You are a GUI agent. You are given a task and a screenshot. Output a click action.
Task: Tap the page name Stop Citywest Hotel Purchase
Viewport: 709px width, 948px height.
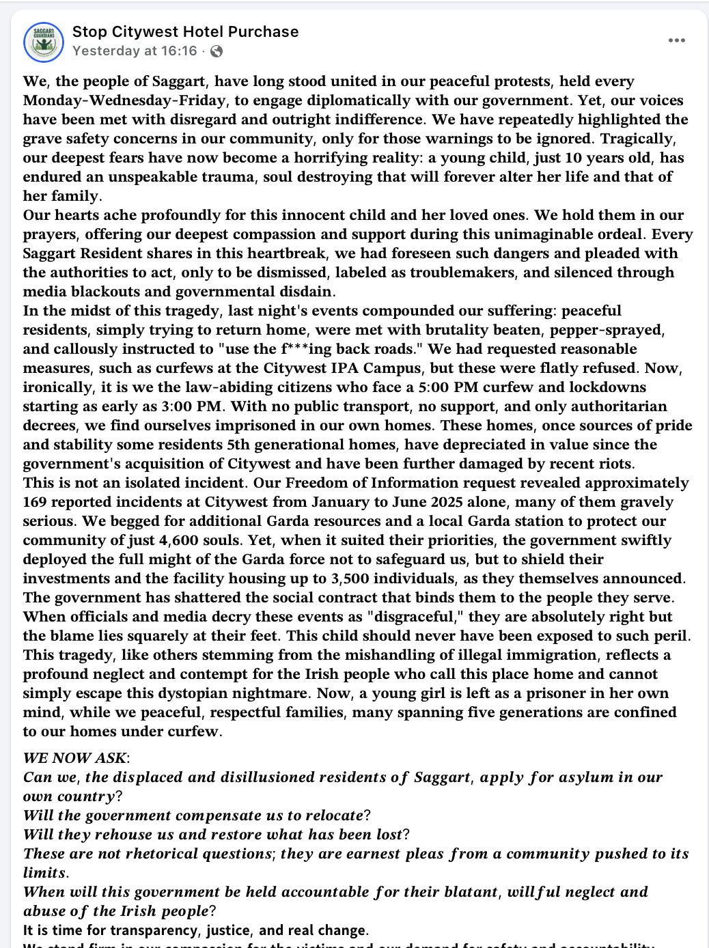click(185, 31)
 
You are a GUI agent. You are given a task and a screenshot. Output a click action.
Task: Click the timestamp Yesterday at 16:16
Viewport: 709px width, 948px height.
click(135, 51)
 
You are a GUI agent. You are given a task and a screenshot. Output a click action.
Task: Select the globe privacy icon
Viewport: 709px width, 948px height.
click(217, 51)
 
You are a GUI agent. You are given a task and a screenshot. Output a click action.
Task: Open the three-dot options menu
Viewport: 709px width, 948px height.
click(676, 40)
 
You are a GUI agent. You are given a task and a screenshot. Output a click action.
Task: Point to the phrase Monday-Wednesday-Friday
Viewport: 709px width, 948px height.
click(124, 100)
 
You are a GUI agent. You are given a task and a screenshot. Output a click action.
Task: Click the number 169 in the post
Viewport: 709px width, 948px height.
click(35, 502)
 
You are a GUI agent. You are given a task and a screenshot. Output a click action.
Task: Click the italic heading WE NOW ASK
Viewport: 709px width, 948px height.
click(75, 758)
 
